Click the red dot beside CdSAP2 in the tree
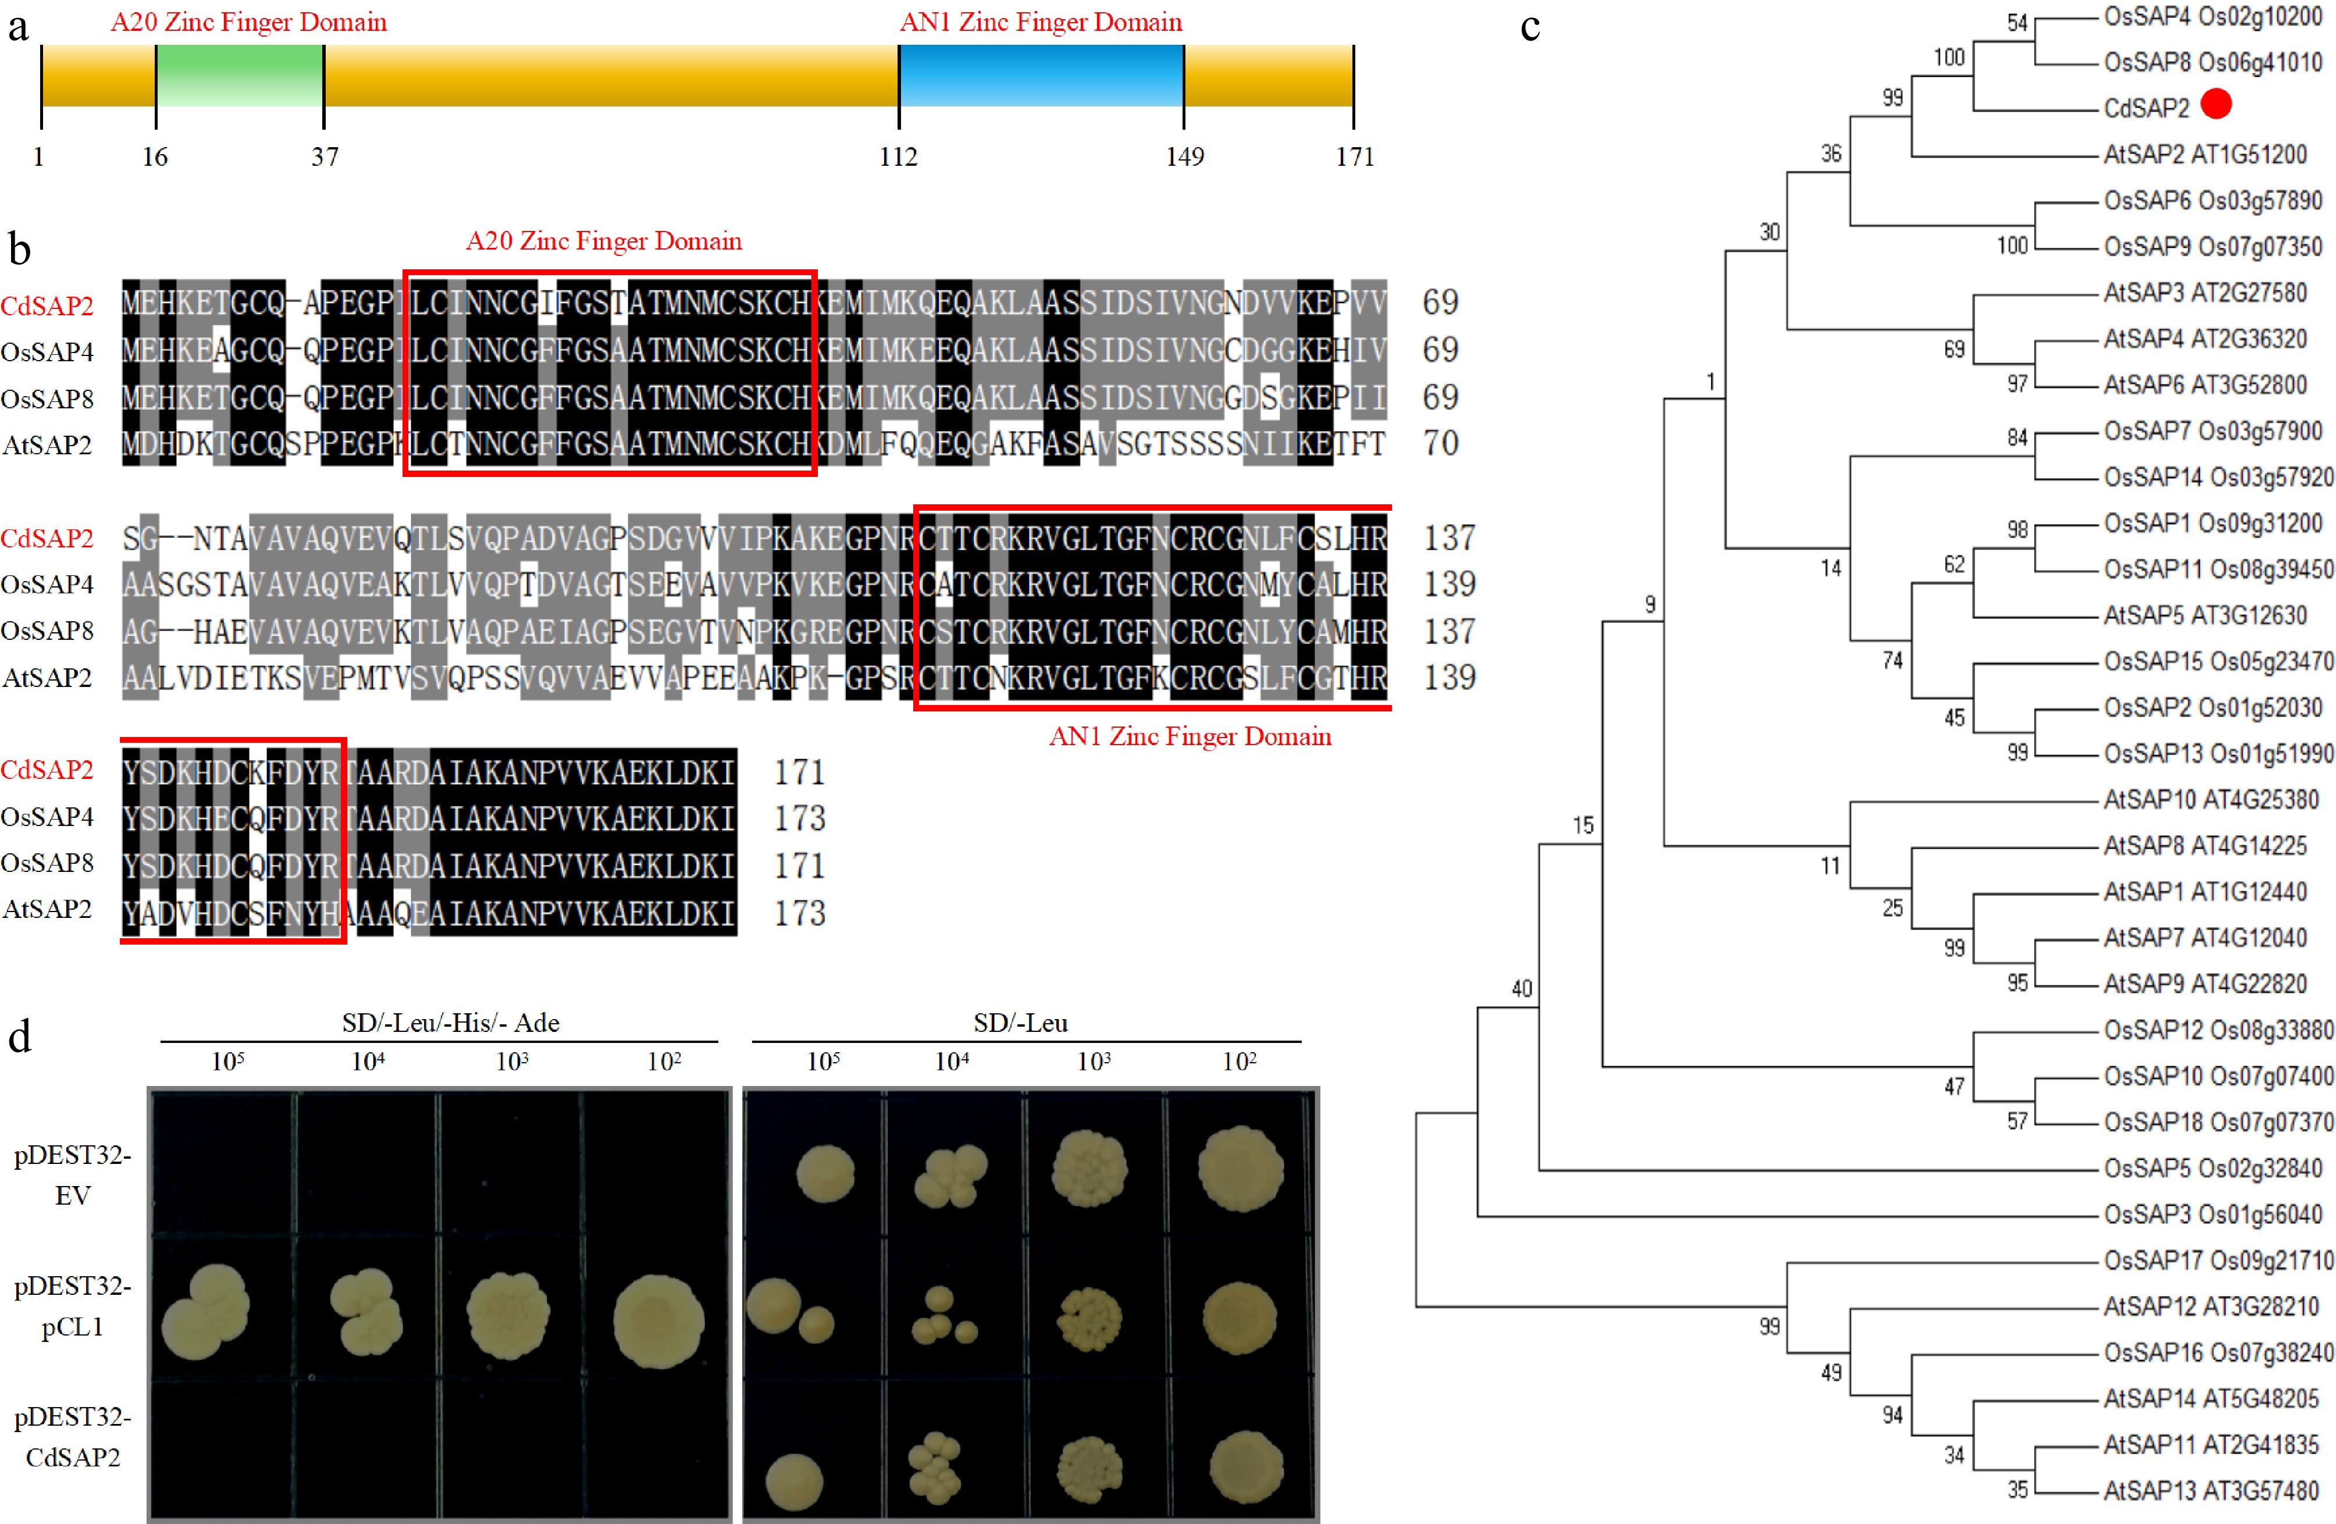pos(2216,104)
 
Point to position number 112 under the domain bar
pos(898,157)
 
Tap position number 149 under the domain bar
pos(1185,157)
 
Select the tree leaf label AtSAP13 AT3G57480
pos(2210,1491)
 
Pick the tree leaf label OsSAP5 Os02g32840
pos(2212,1168)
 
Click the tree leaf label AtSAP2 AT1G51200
pos(2205,154)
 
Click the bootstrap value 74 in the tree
pos(1892,660)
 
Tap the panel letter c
pos(1529,27)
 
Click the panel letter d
pos(20,1037)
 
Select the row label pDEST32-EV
pos(73,1174)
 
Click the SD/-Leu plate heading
pos(1021,1024)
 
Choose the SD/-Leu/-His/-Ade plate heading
pos(451,1024)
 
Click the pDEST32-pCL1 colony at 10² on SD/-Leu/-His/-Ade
pos(658,1320)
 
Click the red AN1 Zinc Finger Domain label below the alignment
pos(1190,737)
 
